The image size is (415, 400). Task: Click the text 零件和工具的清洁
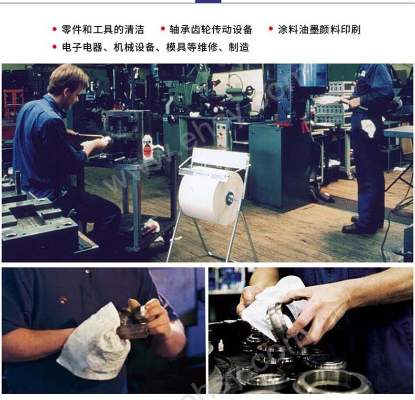click(103, 29)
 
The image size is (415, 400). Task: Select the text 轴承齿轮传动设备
click(211, 29)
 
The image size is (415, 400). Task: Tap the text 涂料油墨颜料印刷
click(319, 29)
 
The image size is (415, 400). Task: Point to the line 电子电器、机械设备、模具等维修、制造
click(155, 48)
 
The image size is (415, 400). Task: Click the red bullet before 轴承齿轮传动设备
click(163, 28)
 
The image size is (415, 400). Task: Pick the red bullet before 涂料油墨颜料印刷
click(271, 28)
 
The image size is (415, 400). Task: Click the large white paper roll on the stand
click(211, 198)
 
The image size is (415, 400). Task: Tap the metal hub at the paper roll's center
click(230, 198)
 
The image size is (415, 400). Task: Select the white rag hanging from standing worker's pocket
click(368, 127)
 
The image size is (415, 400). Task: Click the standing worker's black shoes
click(356, 226)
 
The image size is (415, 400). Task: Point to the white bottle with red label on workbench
click(147, 147)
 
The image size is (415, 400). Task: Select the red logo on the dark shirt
click(63, 299)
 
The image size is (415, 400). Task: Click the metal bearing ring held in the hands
click(278, 317)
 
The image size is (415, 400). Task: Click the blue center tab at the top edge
click(209, 2)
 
